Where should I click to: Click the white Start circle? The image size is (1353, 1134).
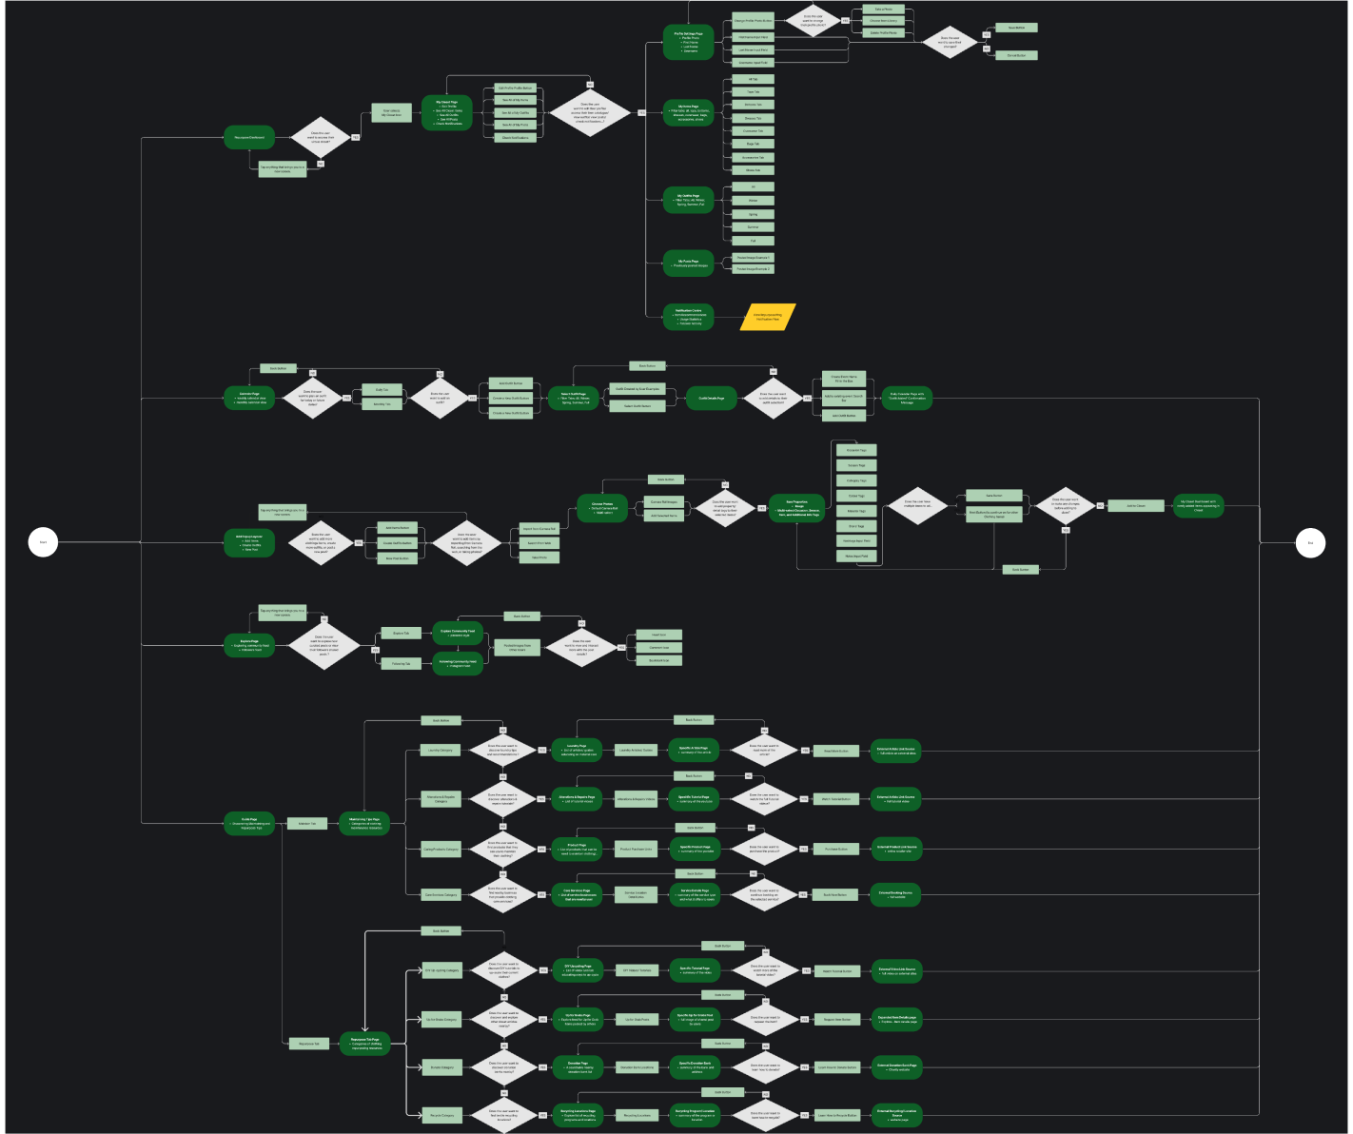tap(43, 542)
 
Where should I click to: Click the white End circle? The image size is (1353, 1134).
tap(1310, 543)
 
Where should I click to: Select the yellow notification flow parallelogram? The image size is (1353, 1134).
tap(768, 317)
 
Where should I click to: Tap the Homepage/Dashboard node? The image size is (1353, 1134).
tap(249, 138)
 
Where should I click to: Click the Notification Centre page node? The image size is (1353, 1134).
tap(688, 317)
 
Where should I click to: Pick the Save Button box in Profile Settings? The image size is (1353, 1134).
tap(1016, 28)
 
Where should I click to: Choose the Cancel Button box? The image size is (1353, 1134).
tap(1016, 55)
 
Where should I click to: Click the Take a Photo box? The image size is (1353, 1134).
tap(883, 10)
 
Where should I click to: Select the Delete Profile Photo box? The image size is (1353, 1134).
tap(883, 32)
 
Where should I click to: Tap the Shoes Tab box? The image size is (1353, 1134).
tap(753, 170)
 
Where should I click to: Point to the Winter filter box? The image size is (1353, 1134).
tap(753, 201)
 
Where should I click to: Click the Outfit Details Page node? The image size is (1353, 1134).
tap(712, 399)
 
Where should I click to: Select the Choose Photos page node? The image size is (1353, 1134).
tap(602, 508)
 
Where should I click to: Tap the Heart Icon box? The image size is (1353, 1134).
tap(658, 635)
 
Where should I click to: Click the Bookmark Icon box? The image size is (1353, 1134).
tap(658, 660)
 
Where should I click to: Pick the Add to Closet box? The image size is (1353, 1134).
tap(1136, 506)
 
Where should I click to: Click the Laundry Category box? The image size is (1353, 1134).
tap(441, 751)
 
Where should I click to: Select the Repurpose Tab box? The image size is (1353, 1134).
tap(308, 1044)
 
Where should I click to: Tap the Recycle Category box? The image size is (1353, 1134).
tap(441, 1115)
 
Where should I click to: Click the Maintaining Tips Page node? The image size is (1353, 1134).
tap(364, 824)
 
